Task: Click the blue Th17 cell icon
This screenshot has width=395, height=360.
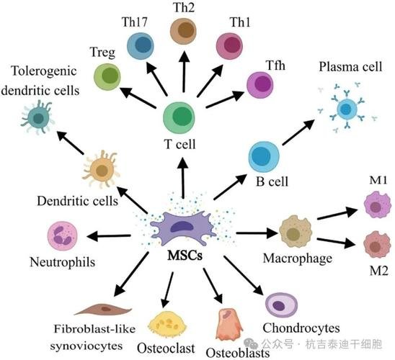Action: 140,46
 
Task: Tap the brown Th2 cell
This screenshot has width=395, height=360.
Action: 183,31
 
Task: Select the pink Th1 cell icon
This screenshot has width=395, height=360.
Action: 229,46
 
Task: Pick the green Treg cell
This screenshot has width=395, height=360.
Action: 107,77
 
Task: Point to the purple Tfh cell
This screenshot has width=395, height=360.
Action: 259,85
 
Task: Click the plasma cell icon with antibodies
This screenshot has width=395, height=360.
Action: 347,108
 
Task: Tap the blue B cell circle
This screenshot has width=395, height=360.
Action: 264,157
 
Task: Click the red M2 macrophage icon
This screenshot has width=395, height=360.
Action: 377,245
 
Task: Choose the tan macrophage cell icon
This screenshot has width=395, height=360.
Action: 296,231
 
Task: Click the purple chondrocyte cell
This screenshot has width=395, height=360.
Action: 281,305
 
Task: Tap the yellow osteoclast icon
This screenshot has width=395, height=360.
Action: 167,324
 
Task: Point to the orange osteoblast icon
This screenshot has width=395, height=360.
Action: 229,325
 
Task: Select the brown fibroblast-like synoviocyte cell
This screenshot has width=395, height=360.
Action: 103,309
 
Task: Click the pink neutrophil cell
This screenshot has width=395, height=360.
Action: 62,236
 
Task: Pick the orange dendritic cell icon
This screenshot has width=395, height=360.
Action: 101,169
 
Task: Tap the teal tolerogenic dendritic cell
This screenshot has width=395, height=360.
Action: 37,117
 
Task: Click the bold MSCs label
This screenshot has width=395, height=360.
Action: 185,256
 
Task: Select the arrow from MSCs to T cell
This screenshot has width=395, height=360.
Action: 183,178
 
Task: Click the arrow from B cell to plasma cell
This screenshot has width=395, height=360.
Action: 298,132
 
